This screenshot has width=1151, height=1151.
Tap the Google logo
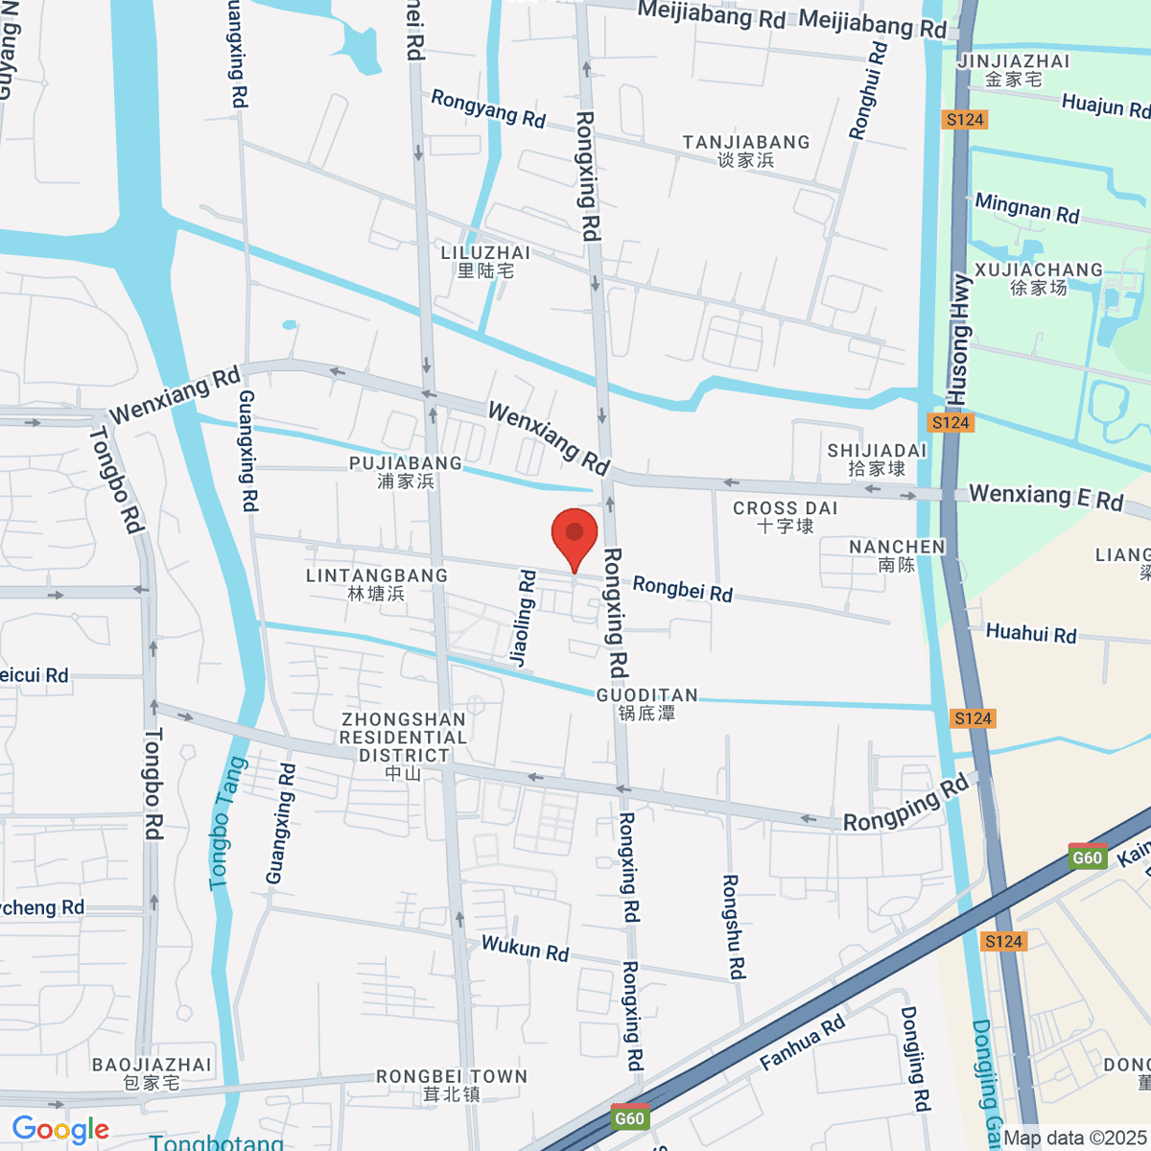click(x=60, y=1129)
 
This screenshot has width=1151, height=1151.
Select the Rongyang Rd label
click(x=488, y=108)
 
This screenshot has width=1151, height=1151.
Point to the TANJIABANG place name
click(x=746, y=151)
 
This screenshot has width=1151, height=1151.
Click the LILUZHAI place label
click(x=485, y=261)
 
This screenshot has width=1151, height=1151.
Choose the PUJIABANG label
click(x=406, y=472)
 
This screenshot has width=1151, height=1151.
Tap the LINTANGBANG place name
click(x=377, y=584)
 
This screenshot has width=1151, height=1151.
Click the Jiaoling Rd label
click(x=523, y=619)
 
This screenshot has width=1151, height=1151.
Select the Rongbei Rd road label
click(x=682, y=589)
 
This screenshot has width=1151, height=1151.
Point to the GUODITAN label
click(x=647, y=703)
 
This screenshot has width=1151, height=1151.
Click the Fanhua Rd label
click(x=803, y=1043)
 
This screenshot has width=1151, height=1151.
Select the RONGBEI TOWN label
click(x=452, y=1085)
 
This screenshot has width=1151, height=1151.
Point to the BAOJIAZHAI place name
click(x=152, y=1073)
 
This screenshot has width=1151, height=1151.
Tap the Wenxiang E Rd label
click(x=1045, y=497)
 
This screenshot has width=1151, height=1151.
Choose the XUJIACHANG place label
click(x=1039, y=278)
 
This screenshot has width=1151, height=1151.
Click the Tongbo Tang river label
click(x=227, y=823)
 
